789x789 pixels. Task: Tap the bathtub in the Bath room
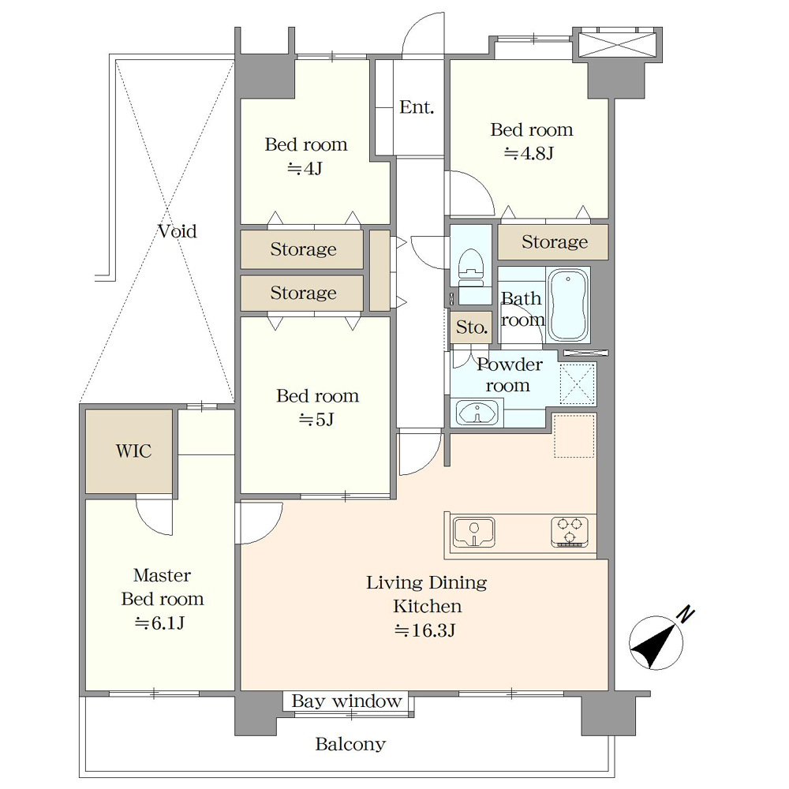click(567, 305)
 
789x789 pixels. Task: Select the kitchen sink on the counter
click(473, 532)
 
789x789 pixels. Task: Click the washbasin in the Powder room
click(477, 413)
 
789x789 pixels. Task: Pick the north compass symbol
click(659, 639)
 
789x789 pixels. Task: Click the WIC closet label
click(133, 451)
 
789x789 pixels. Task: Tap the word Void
click(177, 231)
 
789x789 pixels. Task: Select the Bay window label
click(346, 701)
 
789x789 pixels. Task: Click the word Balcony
click(350, 744)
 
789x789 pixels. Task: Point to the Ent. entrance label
click(417, 107)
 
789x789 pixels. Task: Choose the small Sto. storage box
click(472, 327)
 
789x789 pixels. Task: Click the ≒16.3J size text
click(425, 630)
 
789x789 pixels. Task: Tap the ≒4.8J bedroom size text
click(529, 153)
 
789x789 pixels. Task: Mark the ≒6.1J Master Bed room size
click(159, 623)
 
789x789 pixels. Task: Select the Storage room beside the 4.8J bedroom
click(554, 242)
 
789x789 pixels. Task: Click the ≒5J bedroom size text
click(316, 419)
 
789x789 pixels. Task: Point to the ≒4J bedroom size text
click(305, 168)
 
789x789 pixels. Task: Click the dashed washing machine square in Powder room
click(578, 384)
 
